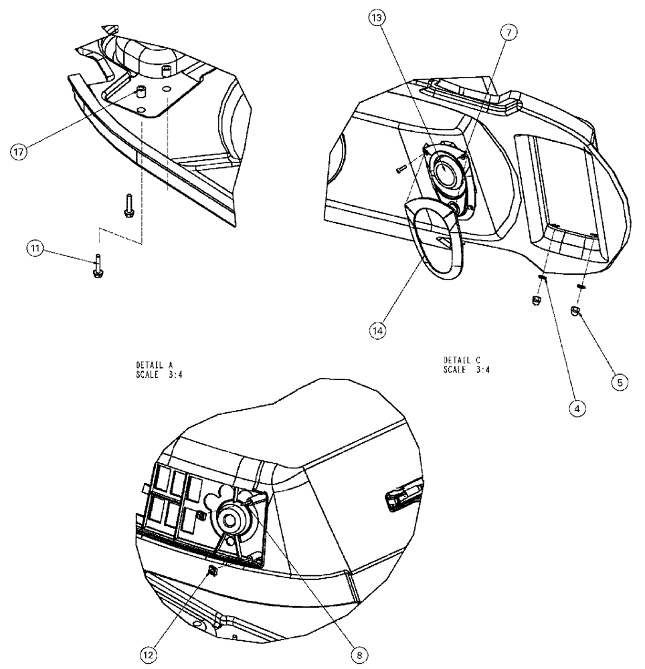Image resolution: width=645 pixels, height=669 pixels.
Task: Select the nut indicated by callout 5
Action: [575, 311]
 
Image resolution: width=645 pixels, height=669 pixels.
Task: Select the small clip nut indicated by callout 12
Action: [212, 570]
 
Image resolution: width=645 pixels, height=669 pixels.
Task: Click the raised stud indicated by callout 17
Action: [142, 92]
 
